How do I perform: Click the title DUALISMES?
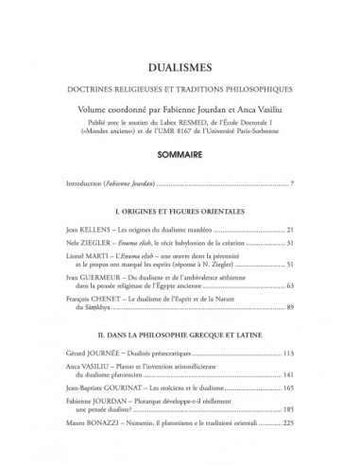click(x=180, y=68)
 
